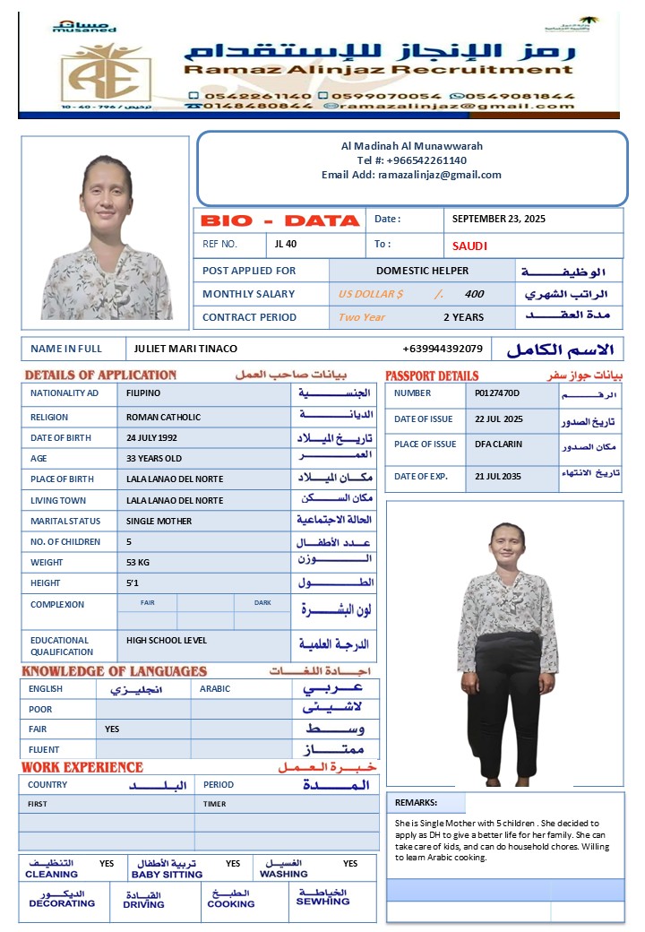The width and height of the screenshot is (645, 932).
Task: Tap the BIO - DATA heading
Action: click(x=279, y=220)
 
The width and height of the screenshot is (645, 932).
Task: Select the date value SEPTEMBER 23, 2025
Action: click(x=498, y=219)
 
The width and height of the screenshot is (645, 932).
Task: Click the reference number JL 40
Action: click(x=286, y=244)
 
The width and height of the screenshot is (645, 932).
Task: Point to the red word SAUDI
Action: click(x=469, y=246)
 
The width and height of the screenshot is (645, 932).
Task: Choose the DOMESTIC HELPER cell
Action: click(x=422, y=271)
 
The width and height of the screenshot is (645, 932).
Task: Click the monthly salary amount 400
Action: click(x=474, y=294)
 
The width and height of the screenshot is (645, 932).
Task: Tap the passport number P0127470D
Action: click(x=497, y=393)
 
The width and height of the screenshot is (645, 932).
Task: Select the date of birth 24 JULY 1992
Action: click(x=151, y=438)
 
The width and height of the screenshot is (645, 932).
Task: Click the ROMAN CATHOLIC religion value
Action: click(x=163, y=418)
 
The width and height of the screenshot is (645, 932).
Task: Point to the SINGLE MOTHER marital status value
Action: click(x=159, y=522)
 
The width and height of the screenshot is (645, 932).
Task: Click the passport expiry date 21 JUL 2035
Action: click(x=497, y=477)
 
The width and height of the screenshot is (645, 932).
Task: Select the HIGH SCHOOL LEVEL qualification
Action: click(x=166, y=641)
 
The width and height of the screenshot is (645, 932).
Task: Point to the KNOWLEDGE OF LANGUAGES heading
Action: click(x=114, y=671)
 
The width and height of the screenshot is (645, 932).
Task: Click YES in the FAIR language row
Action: click(x=112, y=729)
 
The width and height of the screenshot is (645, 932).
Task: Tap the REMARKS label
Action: click(x=416, y=804)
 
